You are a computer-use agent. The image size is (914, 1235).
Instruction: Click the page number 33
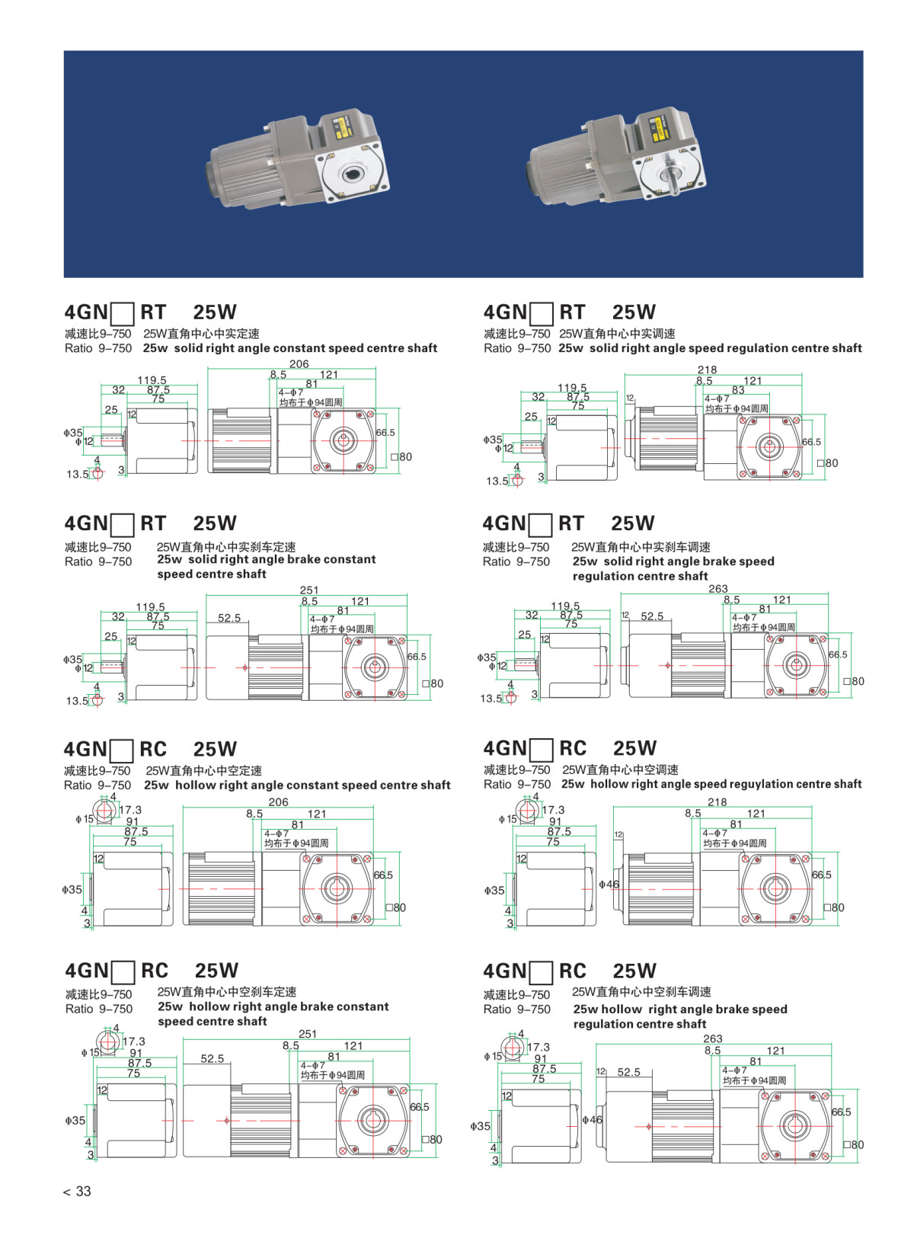tap(83, 1192)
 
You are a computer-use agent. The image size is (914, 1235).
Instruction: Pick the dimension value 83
tap(737, 390)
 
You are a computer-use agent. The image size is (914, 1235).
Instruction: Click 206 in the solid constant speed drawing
tap(299, 364)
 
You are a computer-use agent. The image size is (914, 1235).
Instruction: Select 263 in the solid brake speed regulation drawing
tap(717, 589)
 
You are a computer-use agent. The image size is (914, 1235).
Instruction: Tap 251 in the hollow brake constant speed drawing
tap(308, 1034)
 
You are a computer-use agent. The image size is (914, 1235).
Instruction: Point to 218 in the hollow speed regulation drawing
tap(717, 802)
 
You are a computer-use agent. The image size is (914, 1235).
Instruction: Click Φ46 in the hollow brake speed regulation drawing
tap(591, 1120)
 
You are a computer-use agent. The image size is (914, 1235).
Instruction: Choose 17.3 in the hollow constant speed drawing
tap(130, 810)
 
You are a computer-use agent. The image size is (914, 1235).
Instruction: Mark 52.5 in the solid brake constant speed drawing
tap(229, 618)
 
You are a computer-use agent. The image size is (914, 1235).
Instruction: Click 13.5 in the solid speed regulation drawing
tap(497, 481)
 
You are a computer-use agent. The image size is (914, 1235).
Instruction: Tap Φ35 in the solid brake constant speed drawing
tap(73, 660)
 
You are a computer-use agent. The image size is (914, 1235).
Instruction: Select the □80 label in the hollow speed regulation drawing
tap(835, 907)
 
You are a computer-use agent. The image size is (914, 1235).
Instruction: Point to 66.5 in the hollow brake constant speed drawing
tap(419, 1107)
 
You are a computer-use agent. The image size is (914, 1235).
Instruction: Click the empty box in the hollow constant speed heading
tap(122, 750)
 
